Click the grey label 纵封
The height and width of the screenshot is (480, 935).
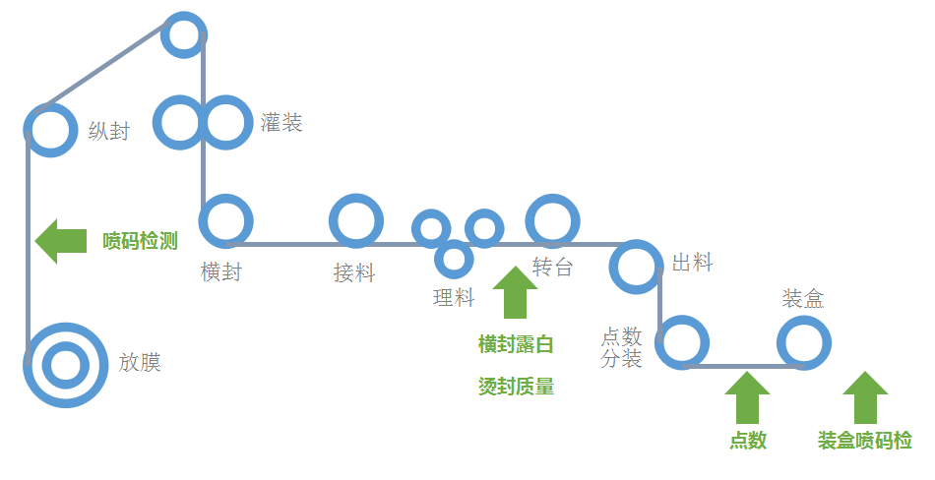(x=109, y=131)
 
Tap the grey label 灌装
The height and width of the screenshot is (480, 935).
(x=281, y=123)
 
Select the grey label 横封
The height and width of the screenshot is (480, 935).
(x=221, y=271)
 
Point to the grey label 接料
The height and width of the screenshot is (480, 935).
(x=354, y=273)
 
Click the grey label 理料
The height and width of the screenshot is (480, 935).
(x=454, y=297)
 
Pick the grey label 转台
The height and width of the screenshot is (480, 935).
(x=553, y=267)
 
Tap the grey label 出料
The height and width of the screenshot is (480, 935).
(x=692, y=263)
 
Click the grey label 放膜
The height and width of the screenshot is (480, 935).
(x=140, y=362)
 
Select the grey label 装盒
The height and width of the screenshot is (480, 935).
(x=802, y=298)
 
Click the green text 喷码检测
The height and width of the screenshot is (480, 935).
(x=140, y=241)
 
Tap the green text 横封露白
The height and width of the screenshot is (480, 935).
(x=516, y=344)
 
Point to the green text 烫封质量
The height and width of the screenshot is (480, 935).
(x=516, y=387)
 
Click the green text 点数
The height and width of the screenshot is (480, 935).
(x=748, y=440)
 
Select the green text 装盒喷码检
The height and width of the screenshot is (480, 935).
(x=865, y=441)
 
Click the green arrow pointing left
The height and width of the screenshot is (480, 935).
(x=61, y=241)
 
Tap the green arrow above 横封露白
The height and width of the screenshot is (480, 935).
(x=515, y=292)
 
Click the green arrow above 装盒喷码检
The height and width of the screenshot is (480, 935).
(x=865, y=397)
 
